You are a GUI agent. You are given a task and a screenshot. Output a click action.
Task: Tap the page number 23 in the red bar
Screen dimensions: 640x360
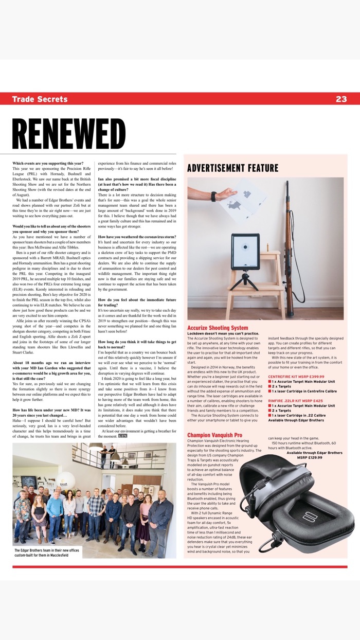[x=341, y=99]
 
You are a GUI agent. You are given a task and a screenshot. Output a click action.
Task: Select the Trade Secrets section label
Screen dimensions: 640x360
[x=40, y=99]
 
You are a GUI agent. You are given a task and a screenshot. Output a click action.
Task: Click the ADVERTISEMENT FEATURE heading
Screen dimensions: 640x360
[x=232, y=168]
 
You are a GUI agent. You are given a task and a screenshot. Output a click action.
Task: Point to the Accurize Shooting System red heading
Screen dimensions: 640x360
[x=218, y=327]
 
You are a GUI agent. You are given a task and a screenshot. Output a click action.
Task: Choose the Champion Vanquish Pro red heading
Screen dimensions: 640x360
[x=214, y=435]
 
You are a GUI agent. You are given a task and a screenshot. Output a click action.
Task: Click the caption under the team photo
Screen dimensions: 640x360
[x=41, y=553]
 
